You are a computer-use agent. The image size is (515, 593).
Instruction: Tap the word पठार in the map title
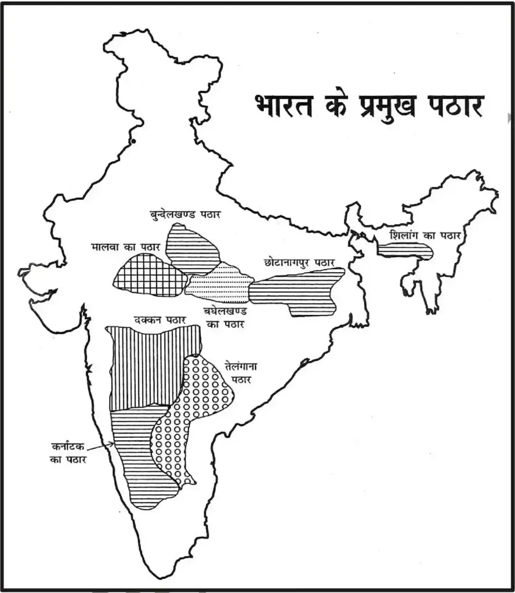(x=454, y=107)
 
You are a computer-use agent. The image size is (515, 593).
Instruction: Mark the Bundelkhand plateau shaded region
(x=192, y=249)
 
